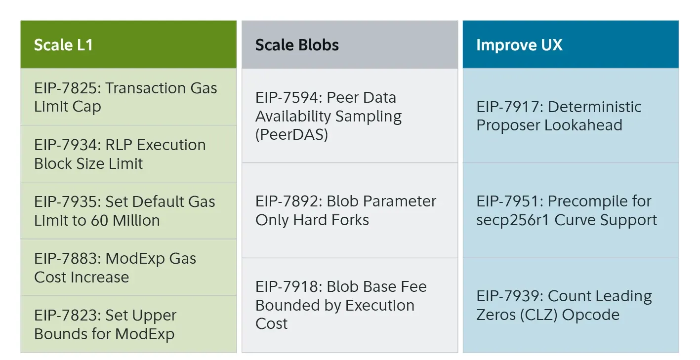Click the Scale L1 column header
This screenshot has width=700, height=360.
[x=128, y=45]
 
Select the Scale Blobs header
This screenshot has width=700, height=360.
[x=349, y=45]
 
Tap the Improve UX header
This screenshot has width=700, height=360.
[x=570, y=45]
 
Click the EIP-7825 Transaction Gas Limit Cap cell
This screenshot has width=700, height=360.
[x=128, y=97]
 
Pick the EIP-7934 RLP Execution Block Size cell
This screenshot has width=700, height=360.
[x=128, y=154]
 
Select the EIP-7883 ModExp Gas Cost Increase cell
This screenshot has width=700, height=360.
[x=128, y=268]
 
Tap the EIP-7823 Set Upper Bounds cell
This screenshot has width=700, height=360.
[x=128, y=324]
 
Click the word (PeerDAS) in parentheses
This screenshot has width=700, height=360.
[x=291, y=135]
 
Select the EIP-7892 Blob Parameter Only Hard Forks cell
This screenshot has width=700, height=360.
[x=349, y=210]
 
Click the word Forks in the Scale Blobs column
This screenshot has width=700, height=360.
[x=349, y=220]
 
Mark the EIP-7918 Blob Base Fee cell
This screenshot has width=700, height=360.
[x=349, y=305]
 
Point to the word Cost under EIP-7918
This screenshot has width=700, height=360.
[x=271, y=324]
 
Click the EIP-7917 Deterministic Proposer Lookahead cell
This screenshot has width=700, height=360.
[x=570, y=116]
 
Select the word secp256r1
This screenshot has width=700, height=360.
[x=513, y=220]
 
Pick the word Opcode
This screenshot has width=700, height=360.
[x=598, y=315]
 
